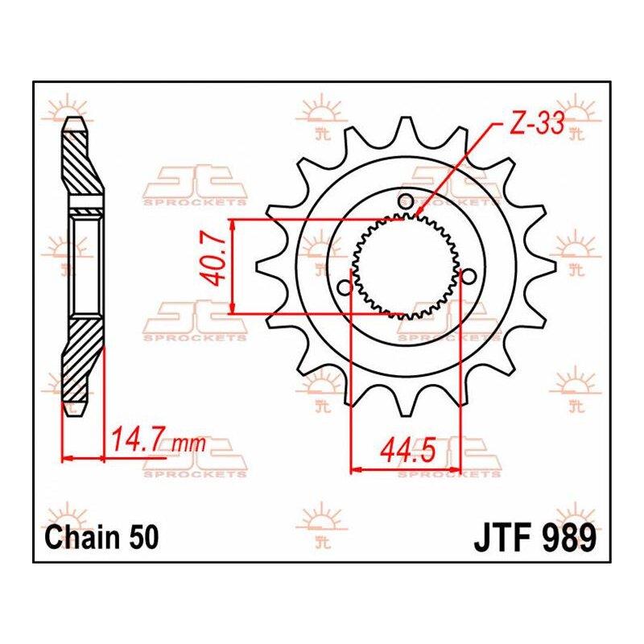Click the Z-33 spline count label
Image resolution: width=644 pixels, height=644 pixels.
pyautogui.click(x=537, y=124)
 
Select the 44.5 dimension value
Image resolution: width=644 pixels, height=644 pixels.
pyautogui.click(x=407, y=451)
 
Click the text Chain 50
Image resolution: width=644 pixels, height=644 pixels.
pyautogui.click(x=101, y=538)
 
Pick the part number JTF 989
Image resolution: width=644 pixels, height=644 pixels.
pyautogui.click(x=535, y=538)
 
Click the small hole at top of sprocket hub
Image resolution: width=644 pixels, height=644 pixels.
pyautogui.click(x=407, y=200)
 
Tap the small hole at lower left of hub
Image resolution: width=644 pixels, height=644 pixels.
pyautogui.click(x=345, y=287)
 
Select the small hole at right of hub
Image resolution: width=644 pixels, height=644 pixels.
pyautogui.click(x=468, y=277)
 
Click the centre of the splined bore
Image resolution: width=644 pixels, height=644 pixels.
pyautogui.click(x=407, y=266)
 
